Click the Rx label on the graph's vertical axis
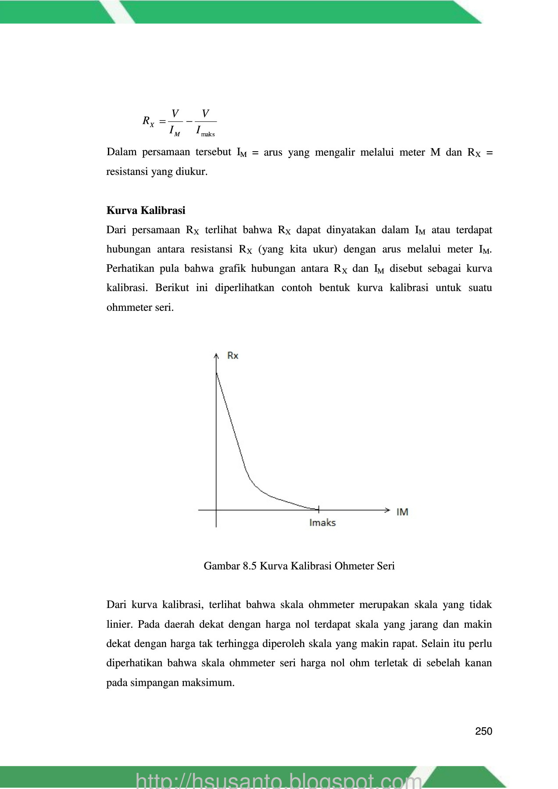tap(232, 355)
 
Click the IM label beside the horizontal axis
tap(402, 512)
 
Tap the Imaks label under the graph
tap(322, 522)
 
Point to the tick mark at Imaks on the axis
tap(319, 509)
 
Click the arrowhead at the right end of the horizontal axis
tap(387, 510)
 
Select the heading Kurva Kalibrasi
tap(146, 210)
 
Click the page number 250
tap(483, 731)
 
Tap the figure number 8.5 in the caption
tap(249, 566)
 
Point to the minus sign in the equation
tap(189, 121)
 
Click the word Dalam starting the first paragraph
tap(122, 152)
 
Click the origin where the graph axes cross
tap(216, 510)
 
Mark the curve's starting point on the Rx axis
tap(216, 373)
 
